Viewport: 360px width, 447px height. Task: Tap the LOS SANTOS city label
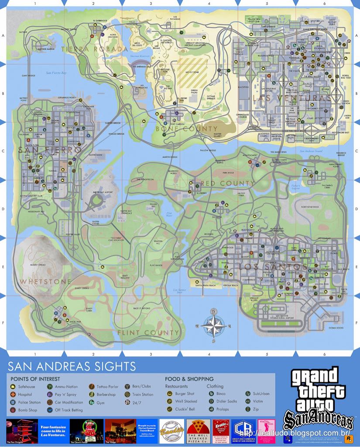pyautogui.click(x=273, y=266)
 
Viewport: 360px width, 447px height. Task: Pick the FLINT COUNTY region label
pyautogui.click(x=148, y=333)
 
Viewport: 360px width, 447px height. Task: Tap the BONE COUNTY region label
pyautogui.click(x=186, y=129)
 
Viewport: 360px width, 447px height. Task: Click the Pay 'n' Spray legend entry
pyautogui.click(x=65, y=395)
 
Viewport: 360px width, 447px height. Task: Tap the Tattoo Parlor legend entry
pyautogui.click(x=107, y=387)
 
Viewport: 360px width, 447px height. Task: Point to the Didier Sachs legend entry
pyautogui.click(x=226, y=402)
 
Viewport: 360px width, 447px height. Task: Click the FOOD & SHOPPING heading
pyautogui.click(x=189, y=379)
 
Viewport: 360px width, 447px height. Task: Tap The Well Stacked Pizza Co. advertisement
pyautogui.click(x=198, y=431)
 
